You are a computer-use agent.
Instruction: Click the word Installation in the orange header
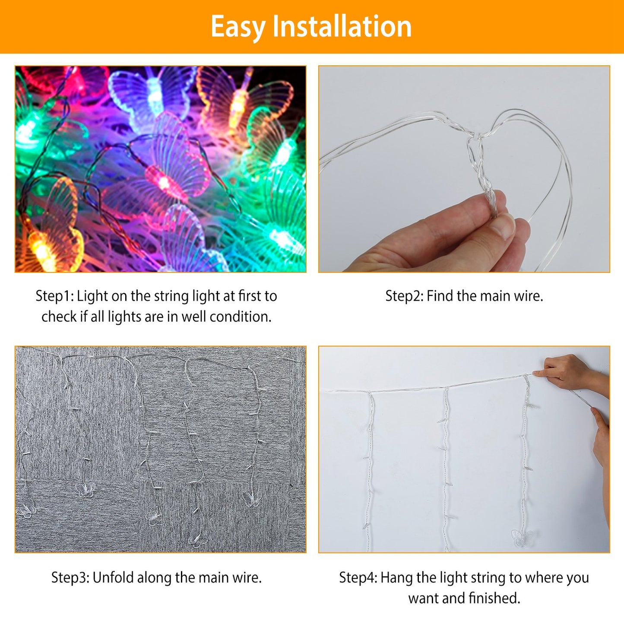tap(342, 27)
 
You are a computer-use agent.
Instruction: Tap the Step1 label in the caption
tap(54, 296)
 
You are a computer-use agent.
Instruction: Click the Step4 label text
tap(358, 578)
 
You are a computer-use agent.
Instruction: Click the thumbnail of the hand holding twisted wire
tap(464, 169)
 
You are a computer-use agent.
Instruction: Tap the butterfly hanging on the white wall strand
tap(522, 538)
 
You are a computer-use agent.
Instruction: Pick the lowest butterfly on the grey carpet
tap(198, 540)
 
